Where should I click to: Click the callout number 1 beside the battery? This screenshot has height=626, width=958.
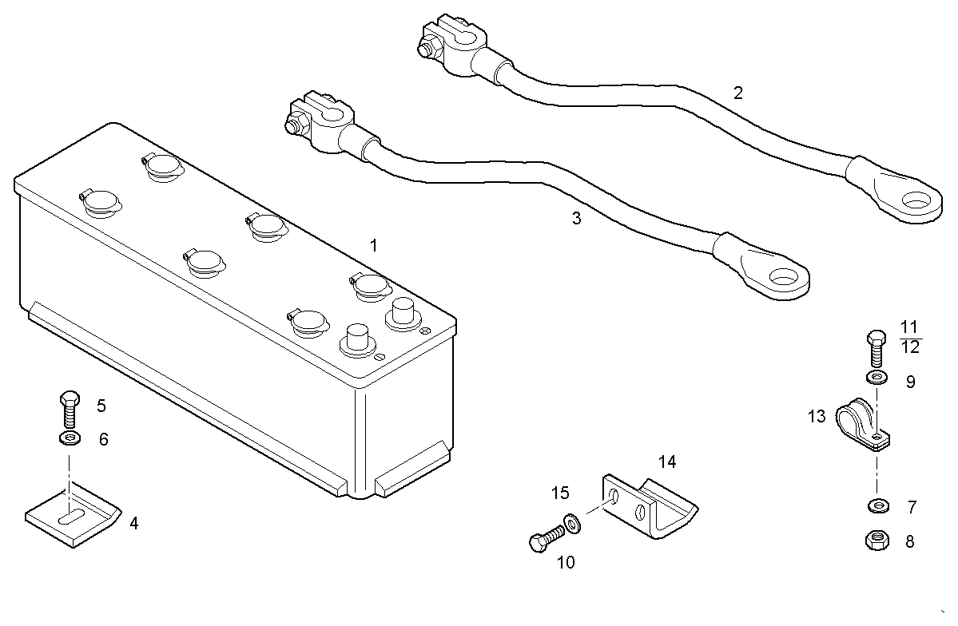[x=373, y=244]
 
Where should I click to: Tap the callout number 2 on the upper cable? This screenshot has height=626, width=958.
[x=738, y=93]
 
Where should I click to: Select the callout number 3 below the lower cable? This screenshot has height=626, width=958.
[x=577, y=218]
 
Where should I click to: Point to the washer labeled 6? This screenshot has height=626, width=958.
[x=70, y=438]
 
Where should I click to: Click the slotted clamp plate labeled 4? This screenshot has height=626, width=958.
[x=72, y=518]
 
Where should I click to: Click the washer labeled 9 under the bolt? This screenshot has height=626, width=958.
[x=876, y=376]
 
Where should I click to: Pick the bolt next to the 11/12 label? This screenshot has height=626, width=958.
[x=876, y=347]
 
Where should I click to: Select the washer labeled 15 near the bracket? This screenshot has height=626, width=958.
[x=572, y=523]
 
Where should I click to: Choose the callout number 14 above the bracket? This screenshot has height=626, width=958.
[x=667, y=462]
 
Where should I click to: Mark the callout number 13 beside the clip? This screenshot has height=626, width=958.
[x=816, y=416]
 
